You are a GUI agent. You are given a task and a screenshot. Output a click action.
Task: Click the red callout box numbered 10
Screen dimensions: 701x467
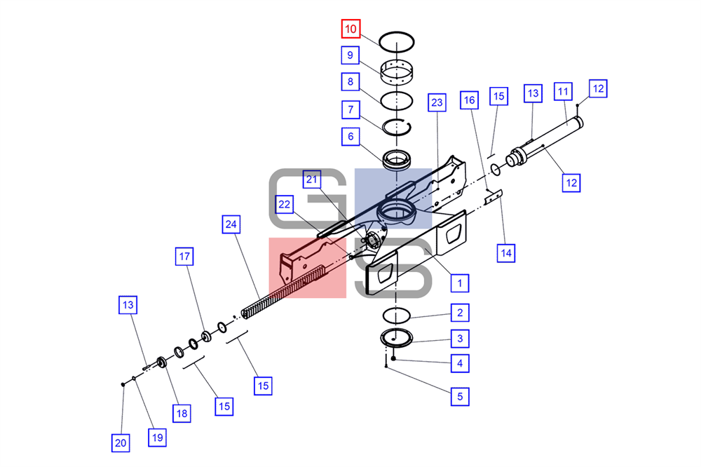[x=350, y=29]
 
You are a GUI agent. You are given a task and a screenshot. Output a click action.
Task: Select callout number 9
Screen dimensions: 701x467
[x=350, y=55]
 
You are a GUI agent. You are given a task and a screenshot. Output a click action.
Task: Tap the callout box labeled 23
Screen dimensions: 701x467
[x=437, y=103]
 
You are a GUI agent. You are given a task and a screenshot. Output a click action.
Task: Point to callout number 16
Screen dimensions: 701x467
[x=469, y=100]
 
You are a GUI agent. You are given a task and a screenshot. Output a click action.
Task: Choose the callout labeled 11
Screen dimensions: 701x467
[x=563, y=92]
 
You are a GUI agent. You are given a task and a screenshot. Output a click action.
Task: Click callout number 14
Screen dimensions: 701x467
[x=505, y=253]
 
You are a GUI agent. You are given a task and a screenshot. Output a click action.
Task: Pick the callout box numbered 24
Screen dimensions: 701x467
[x=231, y=224]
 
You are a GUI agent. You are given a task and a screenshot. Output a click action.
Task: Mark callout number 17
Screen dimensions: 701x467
[x=184, y=257]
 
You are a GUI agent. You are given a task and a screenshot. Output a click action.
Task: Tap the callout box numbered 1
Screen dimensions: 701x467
[x=460, y=283]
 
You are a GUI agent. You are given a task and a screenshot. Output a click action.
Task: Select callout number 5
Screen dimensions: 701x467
[x=460, y=396]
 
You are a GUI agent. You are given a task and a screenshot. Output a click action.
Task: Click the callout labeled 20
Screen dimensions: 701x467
[x=121, y=443]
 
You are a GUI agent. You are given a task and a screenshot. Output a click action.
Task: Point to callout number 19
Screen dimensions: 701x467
[x=157, y=437]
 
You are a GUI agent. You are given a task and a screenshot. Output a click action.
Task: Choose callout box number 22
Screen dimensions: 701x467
[x=285, y=205]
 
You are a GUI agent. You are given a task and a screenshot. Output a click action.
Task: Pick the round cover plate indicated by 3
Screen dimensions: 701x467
[x=397, y=338]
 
